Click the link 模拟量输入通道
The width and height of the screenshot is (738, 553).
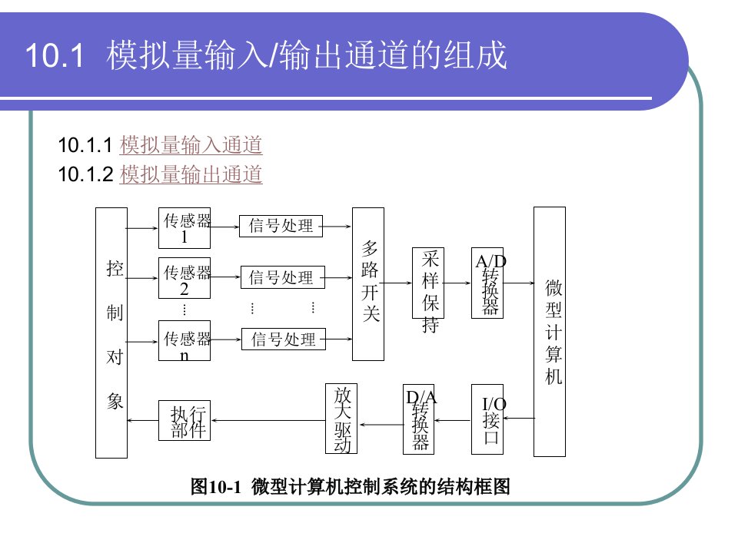(191, 144)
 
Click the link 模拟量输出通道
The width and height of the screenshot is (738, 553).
(191, 175)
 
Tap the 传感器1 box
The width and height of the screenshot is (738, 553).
(184, 227)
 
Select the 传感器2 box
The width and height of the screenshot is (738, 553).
(184, 279)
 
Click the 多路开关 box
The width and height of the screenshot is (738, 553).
(367, 283)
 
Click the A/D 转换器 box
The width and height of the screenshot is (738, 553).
(487, 283)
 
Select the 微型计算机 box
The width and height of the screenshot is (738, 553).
(550, 331)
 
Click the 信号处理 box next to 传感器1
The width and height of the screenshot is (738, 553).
(281, 226)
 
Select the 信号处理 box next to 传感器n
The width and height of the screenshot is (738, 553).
(284, 339)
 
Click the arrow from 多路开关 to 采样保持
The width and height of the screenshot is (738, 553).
(397, 283)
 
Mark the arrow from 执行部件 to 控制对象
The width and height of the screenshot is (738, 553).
(142, 420)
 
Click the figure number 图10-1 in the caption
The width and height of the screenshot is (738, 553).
(216, 486)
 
